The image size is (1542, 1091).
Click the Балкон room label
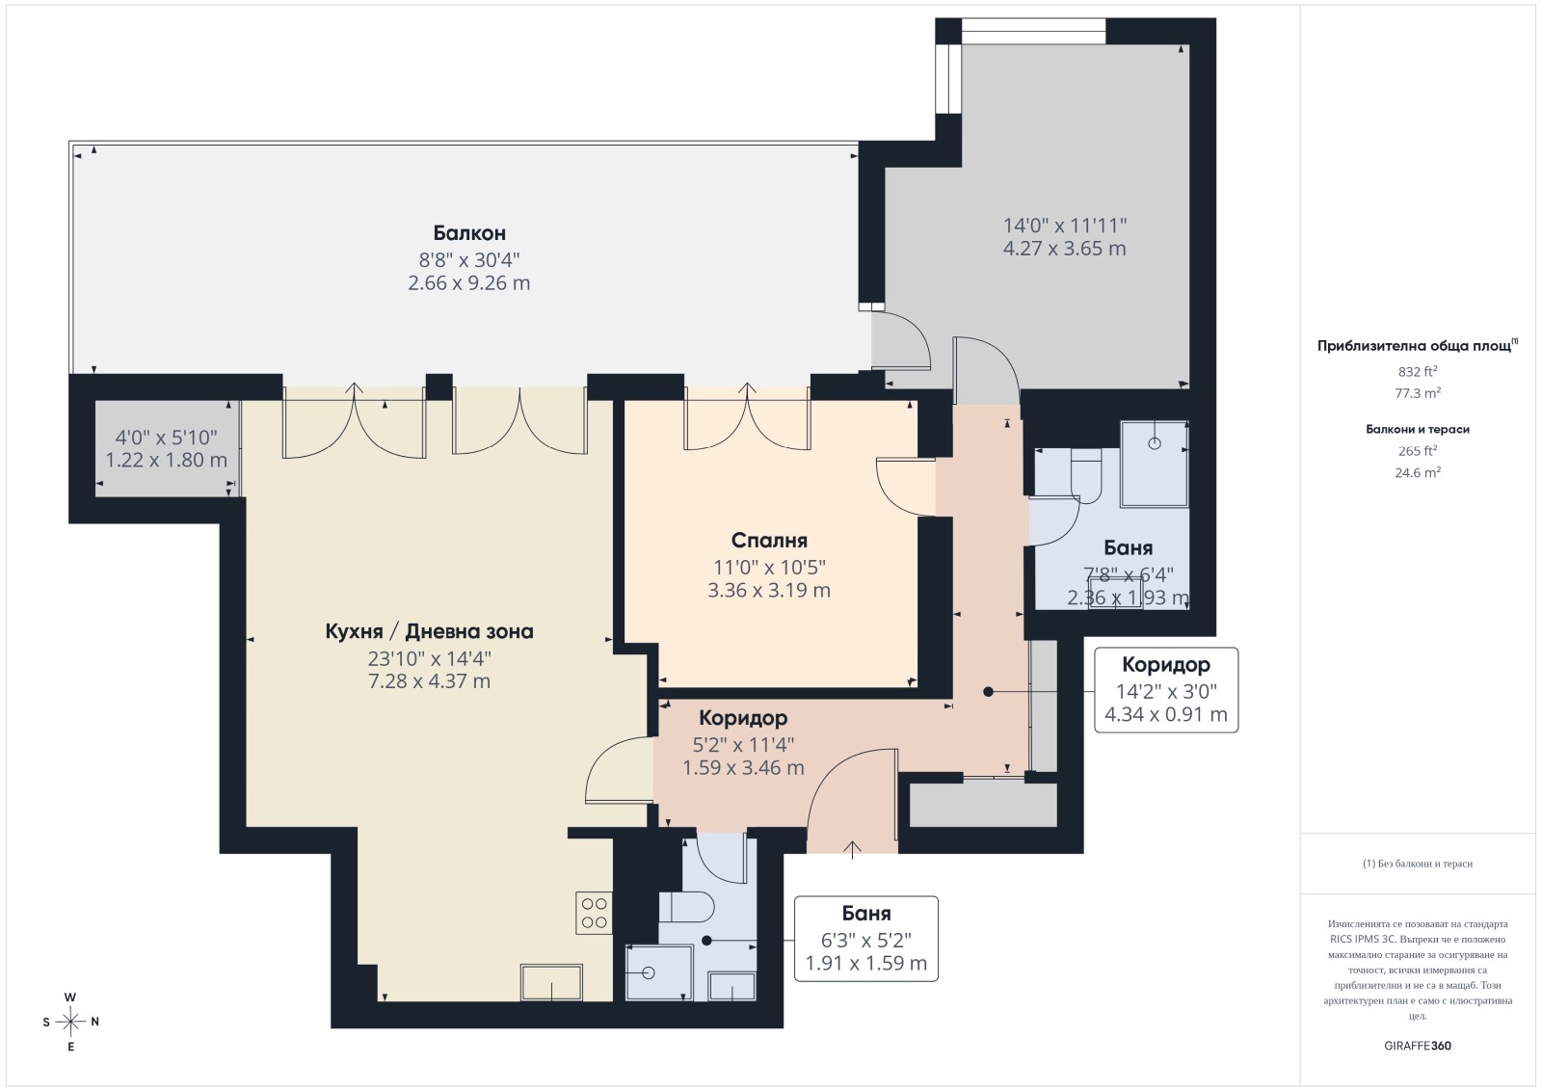(469, 233)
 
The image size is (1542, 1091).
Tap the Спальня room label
(769, 541)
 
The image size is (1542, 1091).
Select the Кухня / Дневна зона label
(430, 631)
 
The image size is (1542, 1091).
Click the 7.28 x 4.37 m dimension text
(430, 681)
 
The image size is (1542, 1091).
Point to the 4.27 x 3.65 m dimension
(1064, 249)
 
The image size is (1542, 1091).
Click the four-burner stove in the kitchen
(594, 913)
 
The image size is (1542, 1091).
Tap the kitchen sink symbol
(551, 982)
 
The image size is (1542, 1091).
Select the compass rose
(70, 1022)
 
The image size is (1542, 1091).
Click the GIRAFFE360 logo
(1418, 1046)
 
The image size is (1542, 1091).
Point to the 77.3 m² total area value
(1418, 393)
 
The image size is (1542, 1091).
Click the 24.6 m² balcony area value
(1418, 472)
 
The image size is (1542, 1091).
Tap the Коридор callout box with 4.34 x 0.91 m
(1166, 690)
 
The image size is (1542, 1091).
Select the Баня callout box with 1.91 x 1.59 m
(866, 938)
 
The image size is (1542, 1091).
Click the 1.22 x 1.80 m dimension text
(166, 460)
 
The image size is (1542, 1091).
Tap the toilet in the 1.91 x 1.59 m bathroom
(688, 907)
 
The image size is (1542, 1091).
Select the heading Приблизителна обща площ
(1414, 346)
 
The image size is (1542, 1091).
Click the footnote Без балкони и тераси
(1418, 864)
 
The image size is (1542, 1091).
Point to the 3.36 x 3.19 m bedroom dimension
(769, 591)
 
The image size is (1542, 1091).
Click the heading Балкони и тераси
(1418, 430)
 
